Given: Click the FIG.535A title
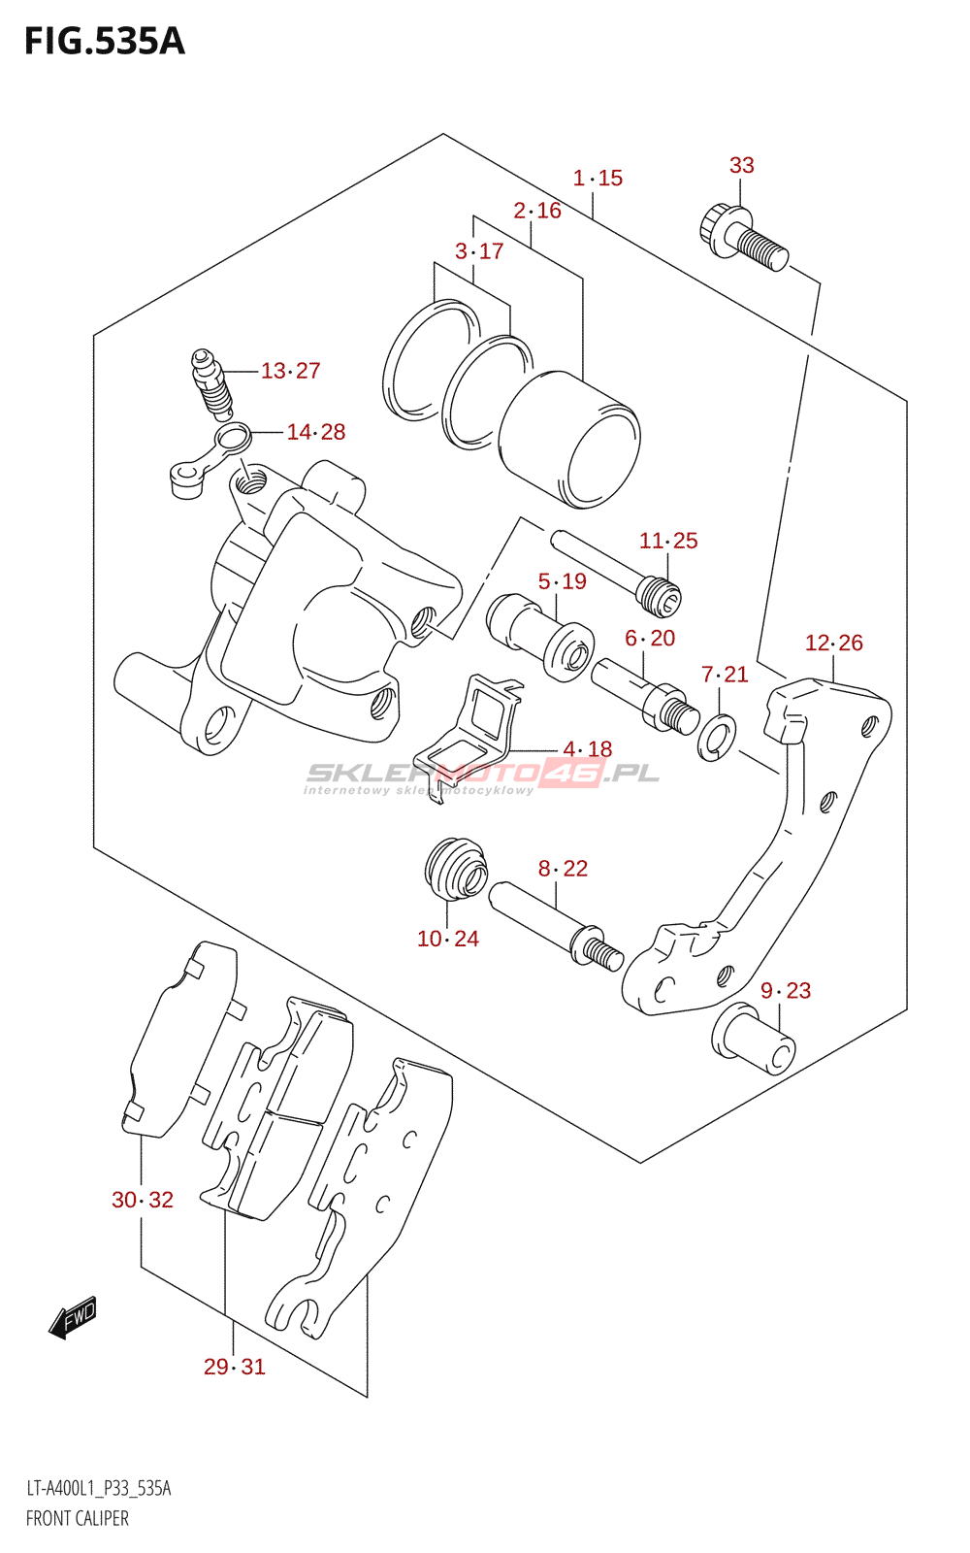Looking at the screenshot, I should click(x=104, y=42).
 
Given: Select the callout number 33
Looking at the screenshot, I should click(x=741, y=165).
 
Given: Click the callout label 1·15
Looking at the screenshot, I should click(x=598, y=178).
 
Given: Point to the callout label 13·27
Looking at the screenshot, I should click(x=290, y=371).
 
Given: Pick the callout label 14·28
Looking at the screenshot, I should click(x=315, y=432).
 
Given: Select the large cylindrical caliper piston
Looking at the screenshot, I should click(x=569, y=439).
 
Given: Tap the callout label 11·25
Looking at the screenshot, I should click(x=668, y=541).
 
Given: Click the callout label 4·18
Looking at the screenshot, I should click(x=588, y=749).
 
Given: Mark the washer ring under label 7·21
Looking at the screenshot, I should click(x=717, y=738).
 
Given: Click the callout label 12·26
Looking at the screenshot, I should click(x=833, y=643).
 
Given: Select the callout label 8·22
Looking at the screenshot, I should click(x=563, y=869).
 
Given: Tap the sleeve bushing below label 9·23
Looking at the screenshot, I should click(x=754, y=1040).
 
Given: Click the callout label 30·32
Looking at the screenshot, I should click(x=143, y=1200).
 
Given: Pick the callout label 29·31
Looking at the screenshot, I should click(x=234, y=1367).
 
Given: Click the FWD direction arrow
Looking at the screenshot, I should click(x=74, y=1318).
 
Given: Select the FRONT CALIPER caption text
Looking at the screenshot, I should click(x=77, y=1518).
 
